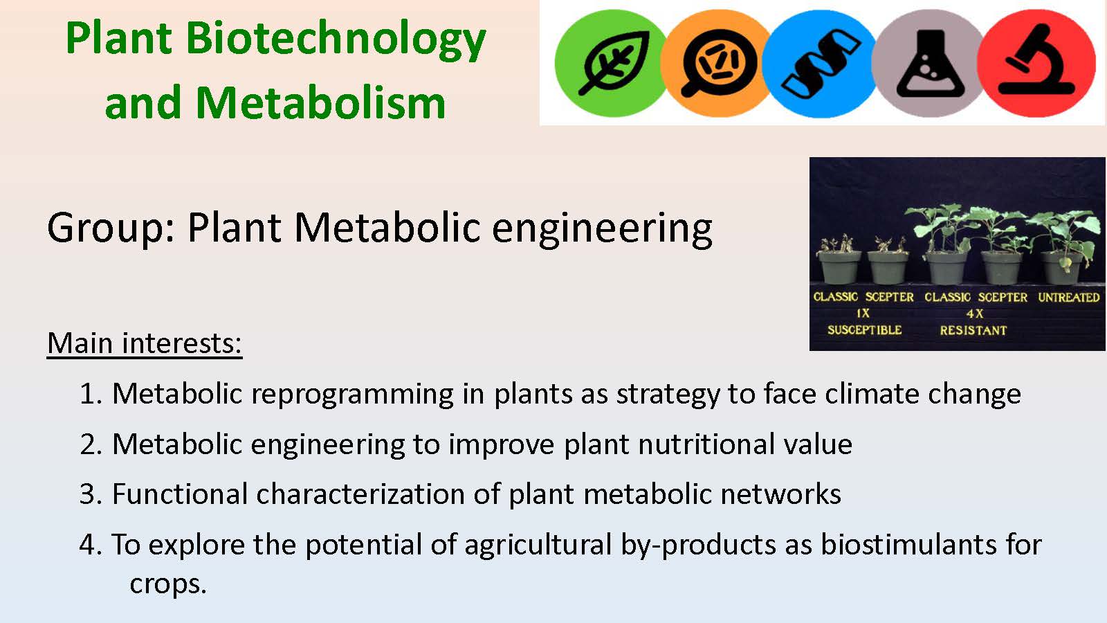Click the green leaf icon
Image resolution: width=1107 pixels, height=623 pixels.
click(612, 63)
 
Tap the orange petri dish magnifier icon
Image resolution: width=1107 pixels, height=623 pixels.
click(717, 63)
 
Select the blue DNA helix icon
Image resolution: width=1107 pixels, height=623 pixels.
click(821, 63)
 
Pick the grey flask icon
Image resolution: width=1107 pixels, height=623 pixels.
click(929, 63)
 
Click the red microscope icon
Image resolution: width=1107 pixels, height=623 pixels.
click(1036, 63)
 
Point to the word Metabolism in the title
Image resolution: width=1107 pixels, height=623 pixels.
click(321, 103)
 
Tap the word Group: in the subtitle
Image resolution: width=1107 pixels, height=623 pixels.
click(111, 228)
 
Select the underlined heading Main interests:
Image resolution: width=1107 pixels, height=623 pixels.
click(145, 343)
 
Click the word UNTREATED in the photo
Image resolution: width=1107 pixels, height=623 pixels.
click(1068, 297)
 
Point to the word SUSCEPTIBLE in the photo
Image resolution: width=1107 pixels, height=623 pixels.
click(864, 329)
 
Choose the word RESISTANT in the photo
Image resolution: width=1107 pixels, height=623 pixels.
click(973, 330)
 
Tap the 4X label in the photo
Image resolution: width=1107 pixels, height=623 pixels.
click(975, 314)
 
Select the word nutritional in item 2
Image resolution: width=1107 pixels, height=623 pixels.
click(706, 444)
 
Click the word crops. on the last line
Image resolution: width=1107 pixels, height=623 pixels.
click(168, 585)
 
